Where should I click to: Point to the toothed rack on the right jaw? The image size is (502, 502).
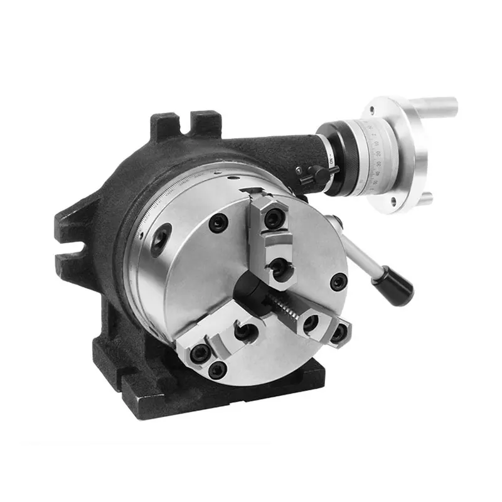tap(282, 307)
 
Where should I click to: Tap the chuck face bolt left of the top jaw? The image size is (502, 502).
tap(218, 222)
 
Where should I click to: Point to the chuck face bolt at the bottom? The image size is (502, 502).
tap(218, 370)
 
